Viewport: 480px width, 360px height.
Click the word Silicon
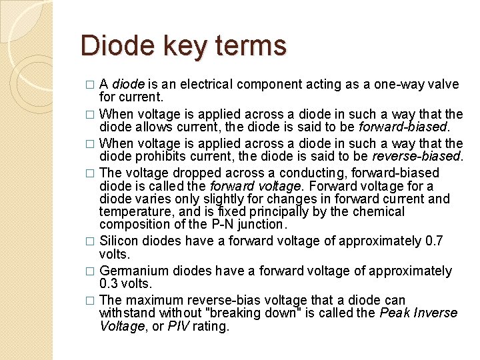pyautogui.click(x=119, y=240)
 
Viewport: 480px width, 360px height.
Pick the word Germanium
pyautogui.click(x=133, y=271)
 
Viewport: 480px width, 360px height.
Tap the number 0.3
pyautogui.click(x=109, y=285)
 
